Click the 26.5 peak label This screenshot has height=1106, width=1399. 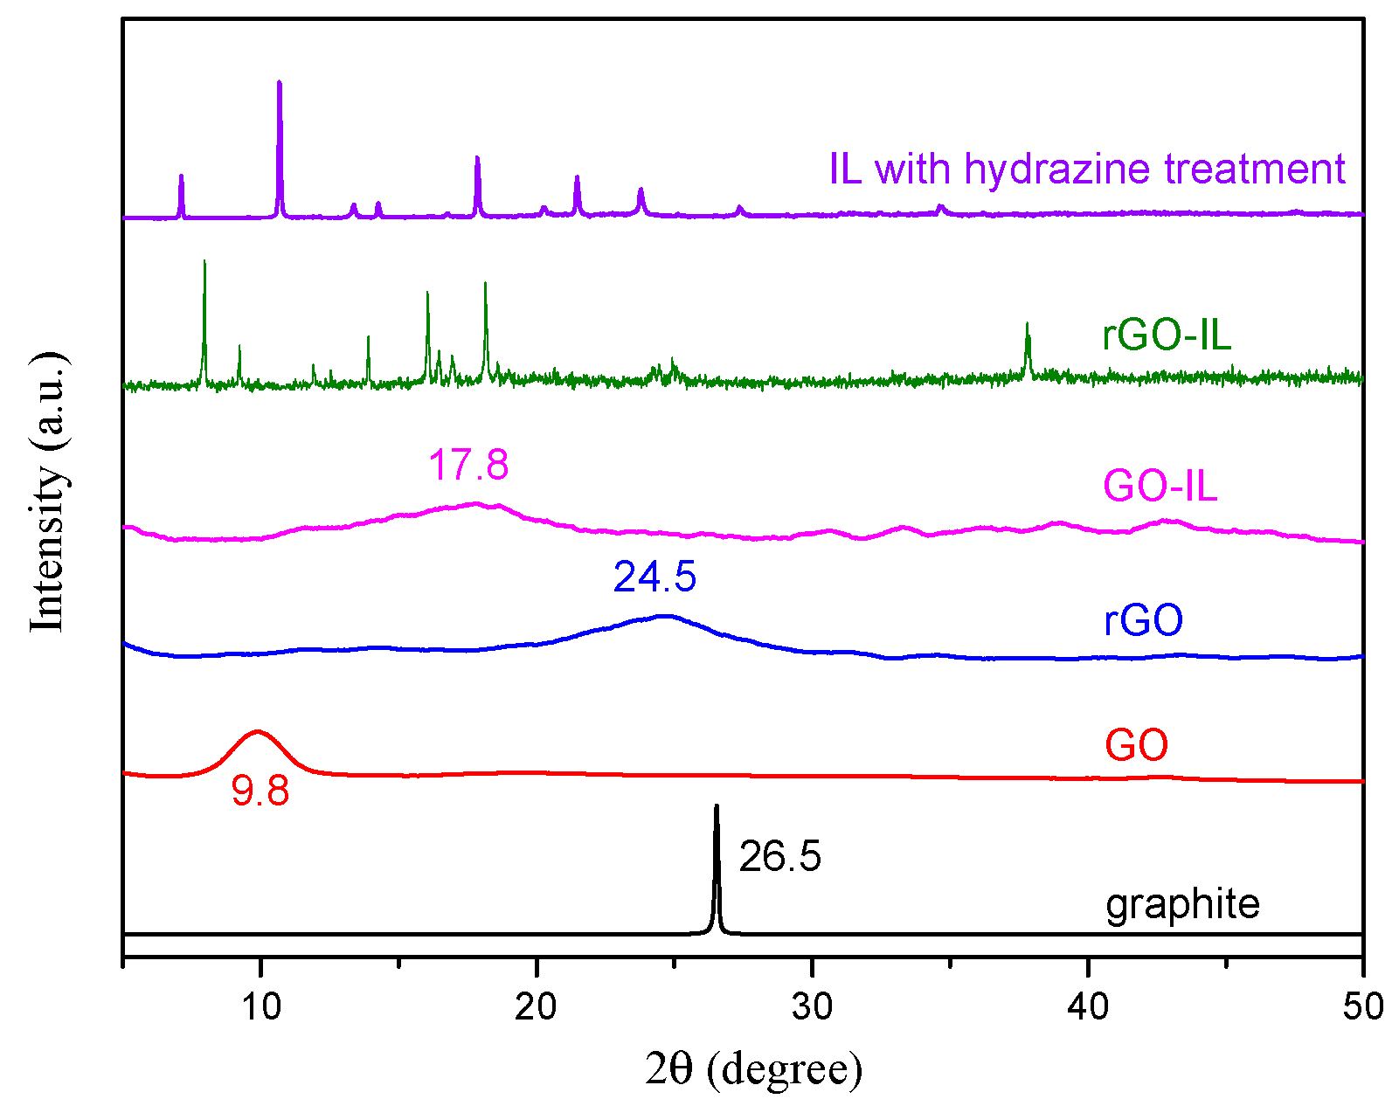point(779,856)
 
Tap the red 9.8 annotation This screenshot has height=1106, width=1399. point(260,791)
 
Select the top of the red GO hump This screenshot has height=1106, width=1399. point(257,732)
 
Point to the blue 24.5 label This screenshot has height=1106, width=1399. point(654,577)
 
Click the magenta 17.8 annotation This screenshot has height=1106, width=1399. point(468,465)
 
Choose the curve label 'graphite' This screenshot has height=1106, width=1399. point(1182,904)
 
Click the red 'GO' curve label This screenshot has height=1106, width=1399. point(1136,745)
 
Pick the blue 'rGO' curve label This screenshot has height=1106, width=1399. point(1143,620)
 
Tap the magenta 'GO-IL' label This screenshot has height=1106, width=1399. point(1160,486)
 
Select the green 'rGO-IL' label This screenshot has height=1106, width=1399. point(1167,335)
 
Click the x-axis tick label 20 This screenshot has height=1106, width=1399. point(536,1007)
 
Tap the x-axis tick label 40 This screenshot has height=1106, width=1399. point(1088,1007)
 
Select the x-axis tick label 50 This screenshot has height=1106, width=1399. point(1363,1007)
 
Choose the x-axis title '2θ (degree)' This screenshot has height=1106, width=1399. point(753,1068)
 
